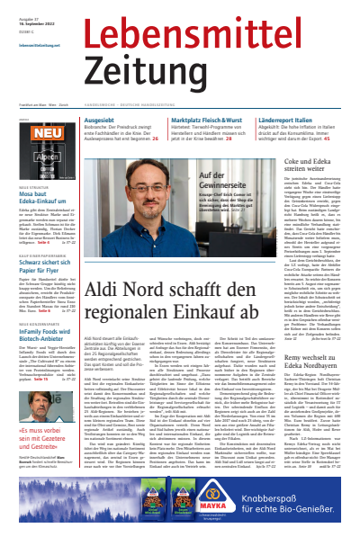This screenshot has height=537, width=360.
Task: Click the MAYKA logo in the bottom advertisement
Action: coord(203,516)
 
